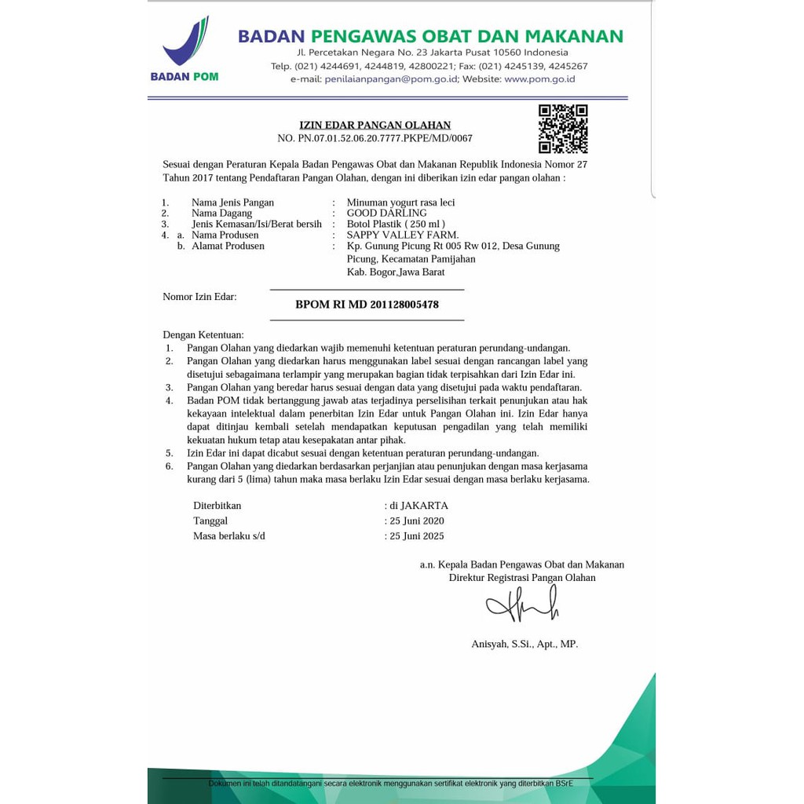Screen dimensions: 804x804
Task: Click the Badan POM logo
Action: (x=185, y=49)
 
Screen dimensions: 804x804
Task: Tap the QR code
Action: (x=563, y=129)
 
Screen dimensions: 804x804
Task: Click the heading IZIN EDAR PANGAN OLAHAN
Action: (x=375, y=125)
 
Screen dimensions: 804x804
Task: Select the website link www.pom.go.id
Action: (x=539, y=79)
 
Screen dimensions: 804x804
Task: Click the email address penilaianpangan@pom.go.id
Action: (x=391, y=79)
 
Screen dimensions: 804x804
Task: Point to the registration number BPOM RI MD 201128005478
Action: (x=367, y=305)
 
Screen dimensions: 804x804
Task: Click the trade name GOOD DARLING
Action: (x=387, y=213)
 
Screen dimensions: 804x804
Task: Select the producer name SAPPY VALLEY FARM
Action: (x=403, y=235)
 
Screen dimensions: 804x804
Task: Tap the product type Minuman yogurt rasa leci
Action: (x=400, y=203)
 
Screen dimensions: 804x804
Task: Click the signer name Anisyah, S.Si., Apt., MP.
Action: (x=524, y=644)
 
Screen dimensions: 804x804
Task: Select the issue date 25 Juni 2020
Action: (x=417, y=521)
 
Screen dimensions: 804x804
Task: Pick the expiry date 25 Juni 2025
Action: (x=417, y=536)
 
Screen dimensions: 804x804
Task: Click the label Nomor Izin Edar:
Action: (x=199, y=297)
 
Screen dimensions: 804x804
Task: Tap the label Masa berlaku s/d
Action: (x=229, y=536)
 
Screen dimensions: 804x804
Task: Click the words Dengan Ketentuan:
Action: (x=203, y=334)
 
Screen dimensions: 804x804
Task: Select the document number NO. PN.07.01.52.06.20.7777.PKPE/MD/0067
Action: (x=375, y=138)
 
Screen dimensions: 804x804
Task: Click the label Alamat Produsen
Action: (x=228, y=246)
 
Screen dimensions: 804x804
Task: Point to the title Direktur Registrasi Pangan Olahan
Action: (x=522, y=578)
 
